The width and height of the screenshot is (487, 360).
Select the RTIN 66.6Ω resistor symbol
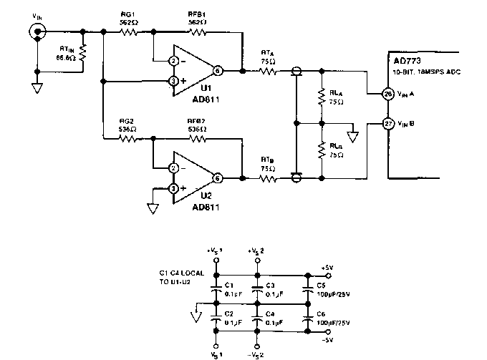83,52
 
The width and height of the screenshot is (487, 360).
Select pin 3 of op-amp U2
173,188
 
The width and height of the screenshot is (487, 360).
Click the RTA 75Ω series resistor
267,71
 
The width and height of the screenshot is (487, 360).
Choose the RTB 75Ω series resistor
267,177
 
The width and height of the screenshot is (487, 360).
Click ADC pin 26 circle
387,94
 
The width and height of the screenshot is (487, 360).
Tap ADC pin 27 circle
387,122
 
